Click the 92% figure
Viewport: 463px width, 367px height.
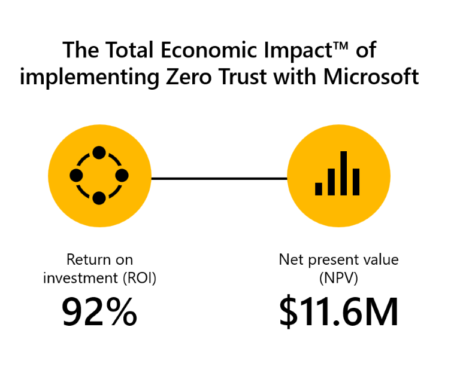coord(99,312)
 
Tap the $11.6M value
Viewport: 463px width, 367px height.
coord(338,312)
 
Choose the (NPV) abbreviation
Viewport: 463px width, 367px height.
coord(338,278)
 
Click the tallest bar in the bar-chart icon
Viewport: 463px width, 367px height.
coord(344,173)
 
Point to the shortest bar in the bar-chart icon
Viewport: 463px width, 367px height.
coord(319,189)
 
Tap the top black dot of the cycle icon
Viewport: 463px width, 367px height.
coord(99,153)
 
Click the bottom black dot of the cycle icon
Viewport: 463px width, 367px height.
coord(99,198)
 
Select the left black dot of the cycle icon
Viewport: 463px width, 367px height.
coord(76,176)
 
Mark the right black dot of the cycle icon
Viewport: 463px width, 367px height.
coord(122,176)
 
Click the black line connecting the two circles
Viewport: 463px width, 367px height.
coord(219,178)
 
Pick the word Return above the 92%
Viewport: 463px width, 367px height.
coord(87,260)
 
